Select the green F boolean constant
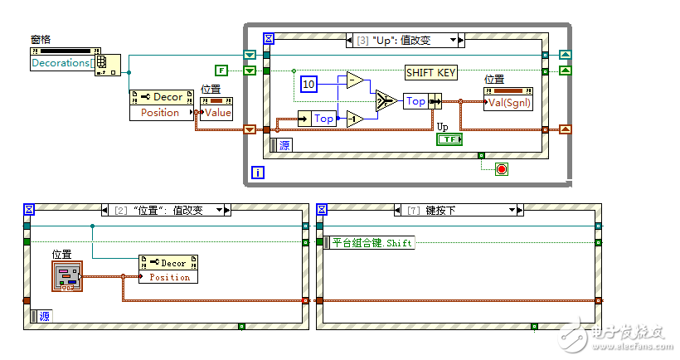click(x=221, y=71)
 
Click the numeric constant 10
click(x=308, y=85)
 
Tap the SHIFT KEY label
click(x=431, y=73)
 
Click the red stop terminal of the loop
click(x=500, y=169)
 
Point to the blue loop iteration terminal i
click(x=257, y=173)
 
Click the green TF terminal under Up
click(x=449, y=139)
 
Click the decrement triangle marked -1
click(x=355, y=119)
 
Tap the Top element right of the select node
click(x=415, y=101)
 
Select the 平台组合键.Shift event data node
click(x=370, y=243)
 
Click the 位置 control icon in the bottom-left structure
click(x=66, y=276)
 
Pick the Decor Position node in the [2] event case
click(x=169, y=270)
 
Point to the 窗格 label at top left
click(x=42, y=38)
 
